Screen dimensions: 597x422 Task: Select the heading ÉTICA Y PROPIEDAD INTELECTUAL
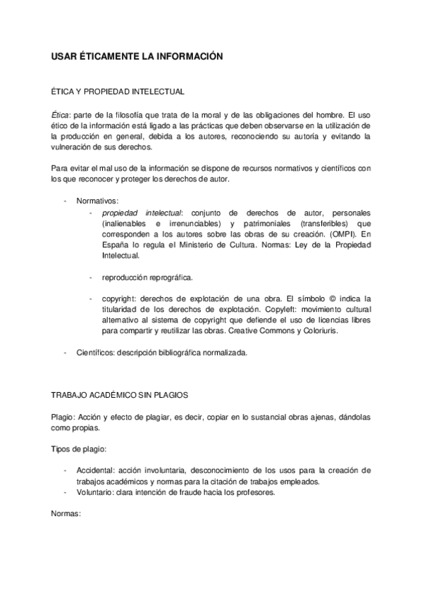tap(118, 92)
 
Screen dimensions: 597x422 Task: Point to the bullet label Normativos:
tap(97, 201)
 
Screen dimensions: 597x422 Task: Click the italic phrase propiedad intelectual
tap(141, 212)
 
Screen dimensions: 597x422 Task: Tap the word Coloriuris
tap(318, 332)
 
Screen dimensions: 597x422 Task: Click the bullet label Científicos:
tap(97, 353)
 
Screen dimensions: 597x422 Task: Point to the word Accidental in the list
tap(94, 470)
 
